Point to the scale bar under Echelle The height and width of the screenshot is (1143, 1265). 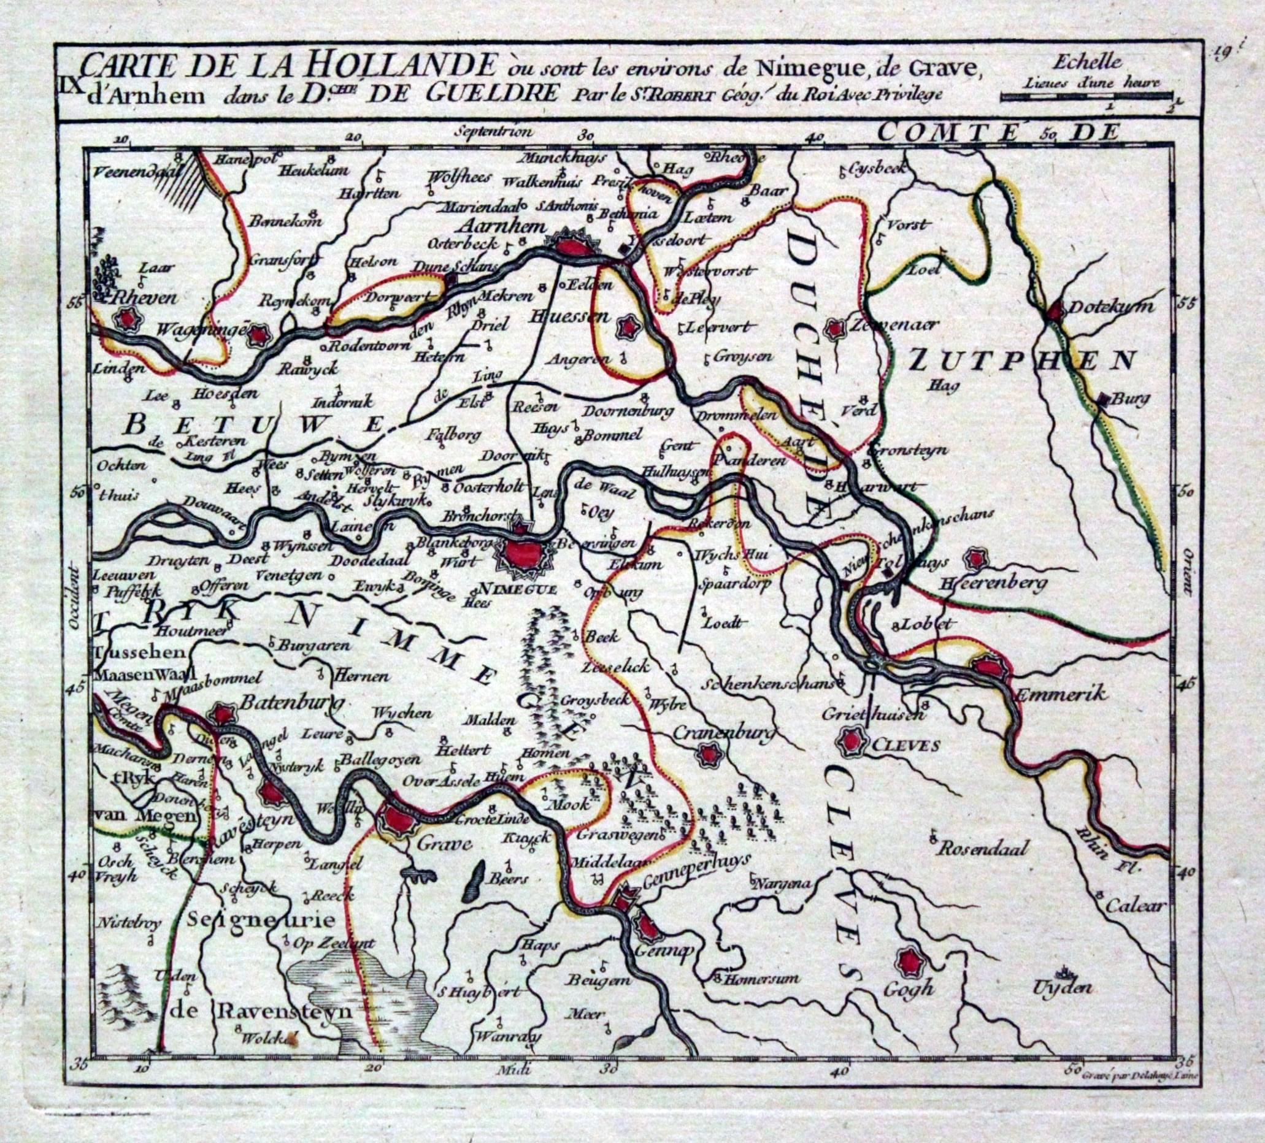(1085, 96)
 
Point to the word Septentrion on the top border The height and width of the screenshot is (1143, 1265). (495, 132)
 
